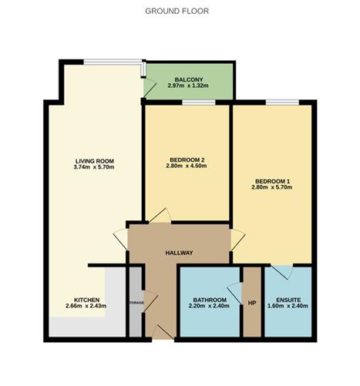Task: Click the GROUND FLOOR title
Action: tap(177, 12)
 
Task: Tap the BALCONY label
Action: tap(189, 79)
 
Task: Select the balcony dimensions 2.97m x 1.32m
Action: tap(189, 86)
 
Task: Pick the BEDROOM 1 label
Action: tap(273, 180)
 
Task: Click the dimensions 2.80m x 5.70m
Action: tap(273, 187)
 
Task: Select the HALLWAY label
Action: tap(179, 253)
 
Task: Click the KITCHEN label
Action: tap(86, 300)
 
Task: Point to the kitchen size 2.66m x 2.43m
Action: tap(86, 307)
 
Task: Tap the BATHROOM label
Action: tap(210, 300)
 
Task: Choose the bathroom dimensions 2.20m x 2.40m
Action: tap(210, 307)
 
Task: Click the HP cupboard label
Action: tap(252, 300)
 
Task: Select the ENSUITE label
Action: tap(288, 300)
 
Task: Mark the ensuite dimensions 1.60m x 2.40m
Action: tap(288, 307)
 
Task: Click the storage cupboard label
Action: tap(136, 303)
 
